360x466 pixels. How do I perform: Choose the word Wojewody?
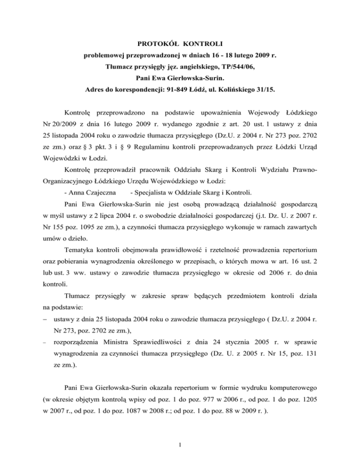pos(281,114)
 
